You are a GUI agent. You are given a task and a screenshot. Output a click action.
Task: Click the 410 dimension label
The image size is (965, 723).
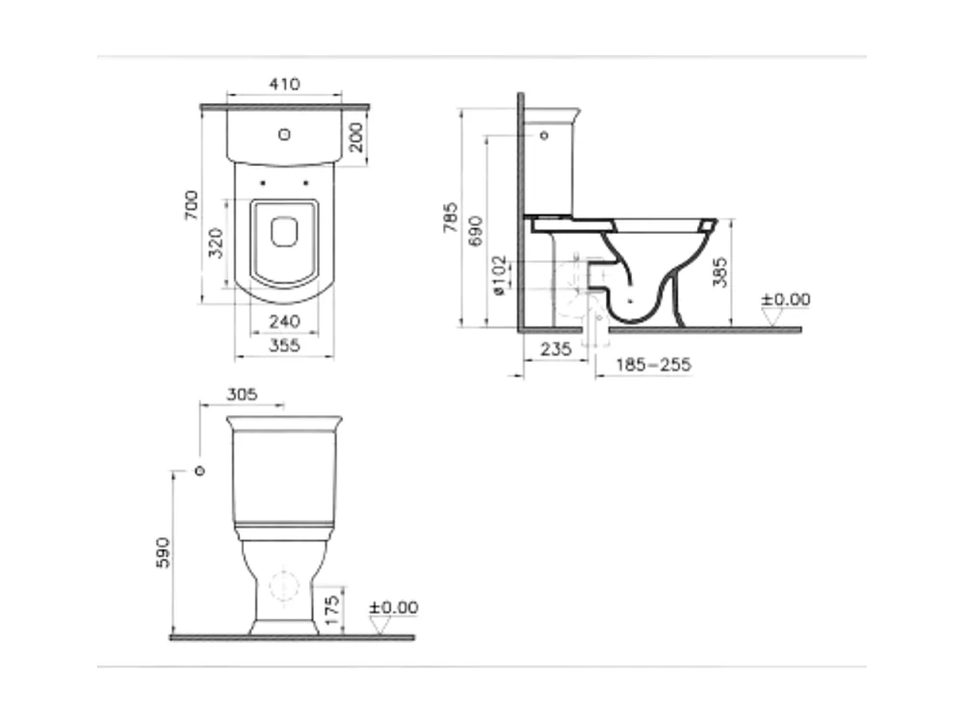[284, 84]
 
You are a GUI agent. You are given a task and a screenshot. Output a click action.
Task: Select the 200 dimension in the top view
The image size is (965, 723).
[356, 137]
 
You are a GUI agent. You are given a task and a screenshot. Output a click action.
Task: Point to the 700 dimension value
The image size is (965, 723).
[192, 205]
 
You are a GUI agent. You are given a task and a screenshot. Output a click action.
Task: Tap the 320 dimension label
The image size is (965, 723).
[216, 243]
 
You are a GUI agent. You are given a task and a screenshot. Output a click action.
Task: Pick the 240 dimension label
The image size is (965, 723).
[284, 322]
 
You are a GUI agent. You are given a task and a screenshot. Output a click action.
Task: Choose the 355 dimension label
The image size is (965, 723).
[284, 346]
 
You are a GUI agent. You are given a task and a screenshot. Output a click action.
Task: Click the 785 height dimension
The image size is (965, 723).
[451, 218]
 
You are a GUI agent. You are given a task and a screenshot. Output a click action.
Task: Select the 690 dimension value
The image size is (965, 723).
[476, 231]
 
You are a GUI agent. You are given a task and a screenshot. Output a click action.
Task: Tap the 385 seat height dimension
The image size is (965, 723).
[719, 272]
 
